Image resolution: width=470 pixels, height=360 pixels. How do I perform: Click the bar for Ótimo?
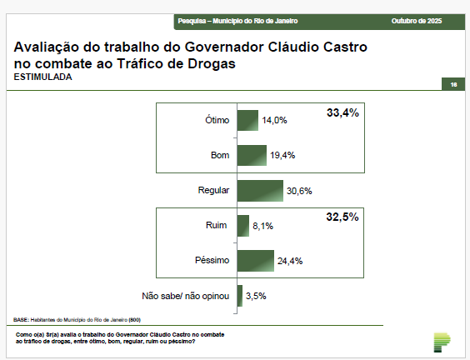pyautogui.click(x=247, y=120)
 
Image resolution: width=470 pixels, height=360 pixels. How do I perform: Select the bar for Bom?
pyautogui.click(x=252, y=155)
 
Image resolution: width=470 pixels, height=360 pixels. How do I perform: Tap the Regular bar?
pyautogui.click(x=260, y=190)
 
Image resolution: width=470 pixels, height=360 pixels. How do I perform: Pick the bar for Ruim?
pyautogui.click(x=242, y=225)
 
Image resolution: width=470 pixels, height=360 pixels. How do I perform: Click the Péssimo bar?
pyautogui.click(x=256, y=260)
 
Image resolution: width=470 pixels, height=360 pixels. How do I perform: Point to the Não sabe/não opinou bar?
pyautogui.click(x=240, y=295)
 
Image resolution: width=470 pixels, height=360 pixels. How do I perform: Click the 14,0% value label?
pyautogui.click(x=274, y=120)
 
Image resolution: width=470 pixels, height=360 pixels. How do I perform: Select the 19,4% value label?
pyautogui.click(x=282, y=156)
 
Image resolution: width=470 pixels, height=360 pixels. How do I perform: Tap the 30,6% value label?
pyautogui.click(x=298, y=191)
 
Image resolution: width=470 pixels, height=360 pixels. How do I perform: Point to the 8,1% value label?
pyautogui.click(x=262, y=226)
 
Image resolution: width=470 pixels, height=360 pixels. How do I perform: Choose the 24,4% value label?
pyautogui.click(x=289, y=261)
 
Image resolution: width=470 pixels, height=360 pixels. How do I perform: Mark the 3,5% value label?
pyautogui.click(x=256, y=296)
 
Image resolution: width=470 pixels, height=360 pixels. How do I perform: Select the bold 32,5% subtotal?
pyautogui.click(x=342, y=217)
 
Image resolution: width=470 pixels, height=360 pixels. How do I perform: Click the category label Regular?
pyautogui.click(x=213, y=191)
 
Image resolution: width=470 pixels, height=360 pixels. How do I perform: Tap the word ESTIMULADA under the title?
pyautogui.click(x=43, y=77)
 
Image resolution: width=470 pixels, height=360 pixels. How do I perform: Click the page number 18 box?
pyautogui.click(x=453, y=84)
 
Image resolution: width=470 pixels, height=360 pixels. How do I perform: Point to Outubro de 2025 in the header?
pyautogui.click(x=417, y=19)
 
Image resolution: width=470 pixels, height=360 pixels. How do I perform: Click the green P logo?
pyautogui.click(x=442, y=342)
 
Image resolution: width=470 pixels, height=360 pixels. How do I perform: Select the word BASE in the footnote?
pyautogui.click(x=22, y=319)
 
